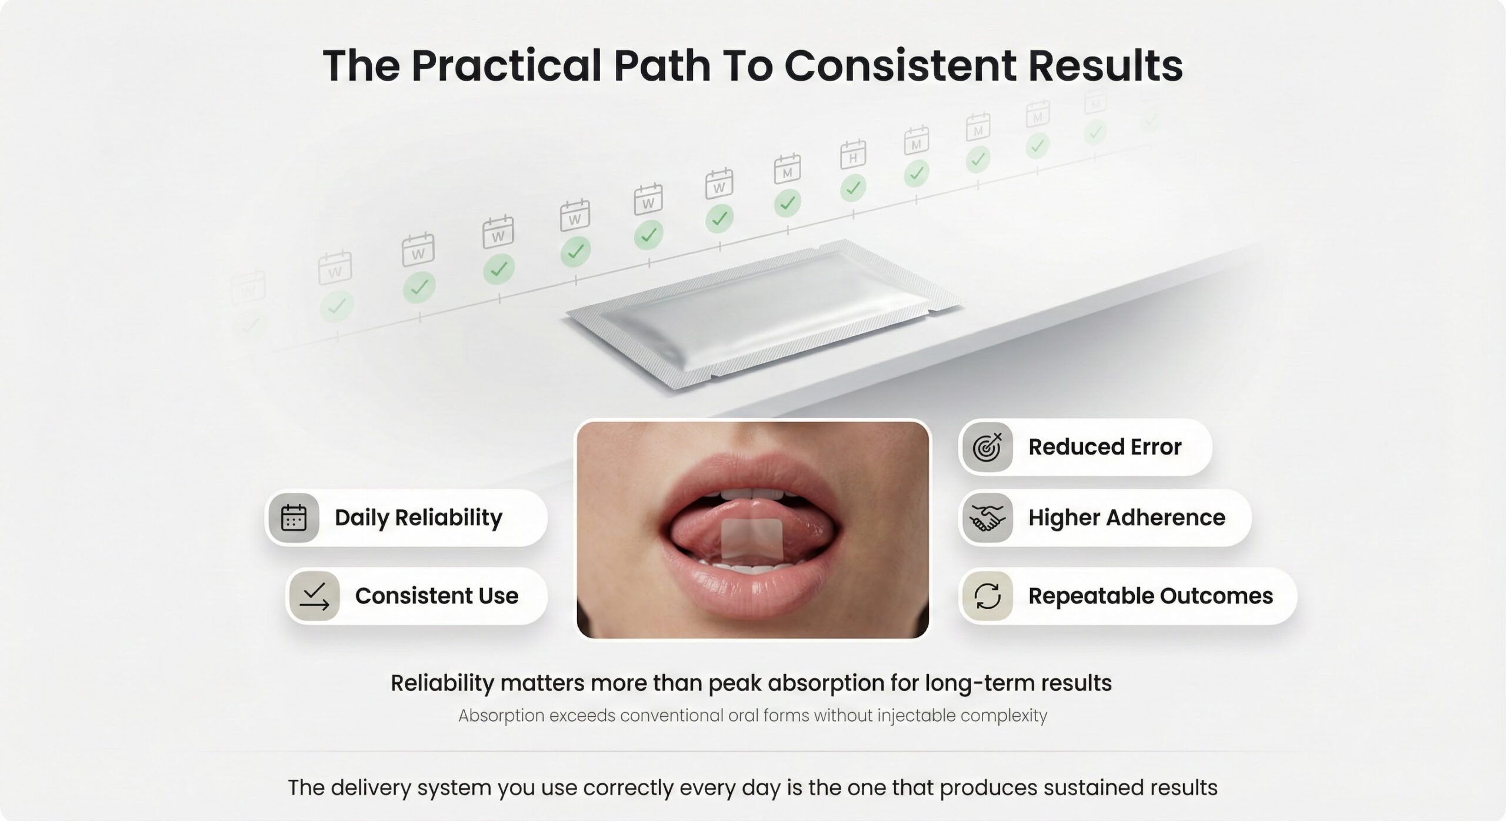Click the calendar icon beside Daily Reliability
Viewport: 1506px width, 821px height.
(294, 518)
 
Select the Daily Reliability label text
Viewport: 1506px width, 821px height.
(418, 518)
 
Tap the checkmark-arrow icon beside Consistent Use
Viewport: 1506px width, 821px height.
(314, 596)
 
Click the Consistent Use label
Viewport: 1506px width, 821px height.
(437, 596)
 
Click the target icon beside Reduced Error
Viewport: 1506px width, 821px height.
(988, 447)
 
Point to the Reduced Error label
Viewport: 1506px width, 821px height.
(1105, 447)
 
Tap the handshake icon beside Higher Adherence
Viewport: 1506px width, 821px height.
(988, 518)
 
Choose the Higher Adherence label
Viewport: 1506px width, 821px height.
(1127, 518)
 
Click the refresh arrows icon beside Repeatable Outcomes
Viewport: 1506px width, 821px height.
(988, 596)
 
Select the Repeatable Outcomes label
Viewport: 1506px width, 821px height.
(1151, 596)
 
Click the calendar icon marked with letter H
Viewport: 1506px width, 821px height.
(853, 154)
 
